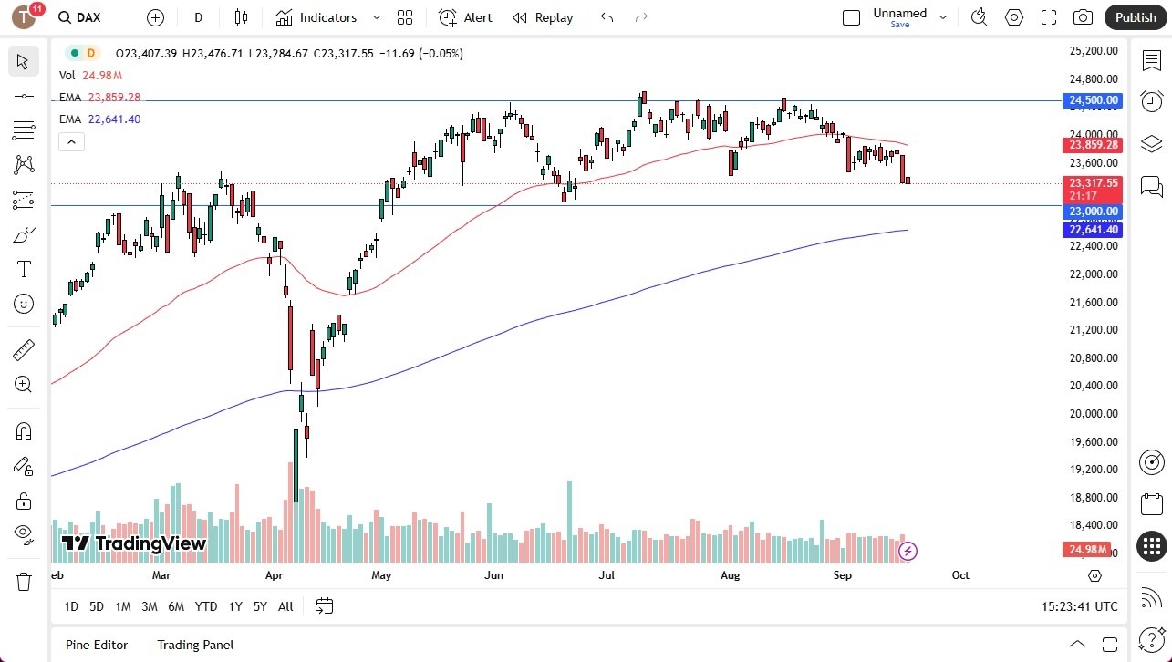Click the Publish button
(x=1136, y=17)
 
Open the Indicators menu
(x=317, y=17)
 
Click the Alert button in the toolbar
(x=466, y=17)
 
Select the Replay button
(x=544, y=17)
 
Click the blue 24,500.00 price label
(x=1092, y=100)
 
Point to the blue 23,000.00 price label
(x=1092, y=212)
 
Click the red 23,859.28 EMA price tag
(x=1092, y=145)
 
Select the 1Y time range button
(x=235, y=606)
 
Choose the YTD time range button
(x=206, y=606)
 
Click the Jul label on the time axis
(x=607, y=575)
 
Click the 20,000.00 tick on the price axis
(x=1093, y=413)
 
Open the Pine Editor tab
(x=97, y=645)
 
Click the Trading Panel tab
(x=195, y=645)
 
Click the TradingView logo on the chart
(x=134, y=544)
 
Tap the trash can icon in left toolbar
(x=24, y=581)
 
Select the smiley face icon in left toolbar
(x=24, y=304)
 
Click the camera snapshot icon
(x=1083, y=17)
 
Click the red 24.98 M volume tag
(x=1086, y=550)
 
